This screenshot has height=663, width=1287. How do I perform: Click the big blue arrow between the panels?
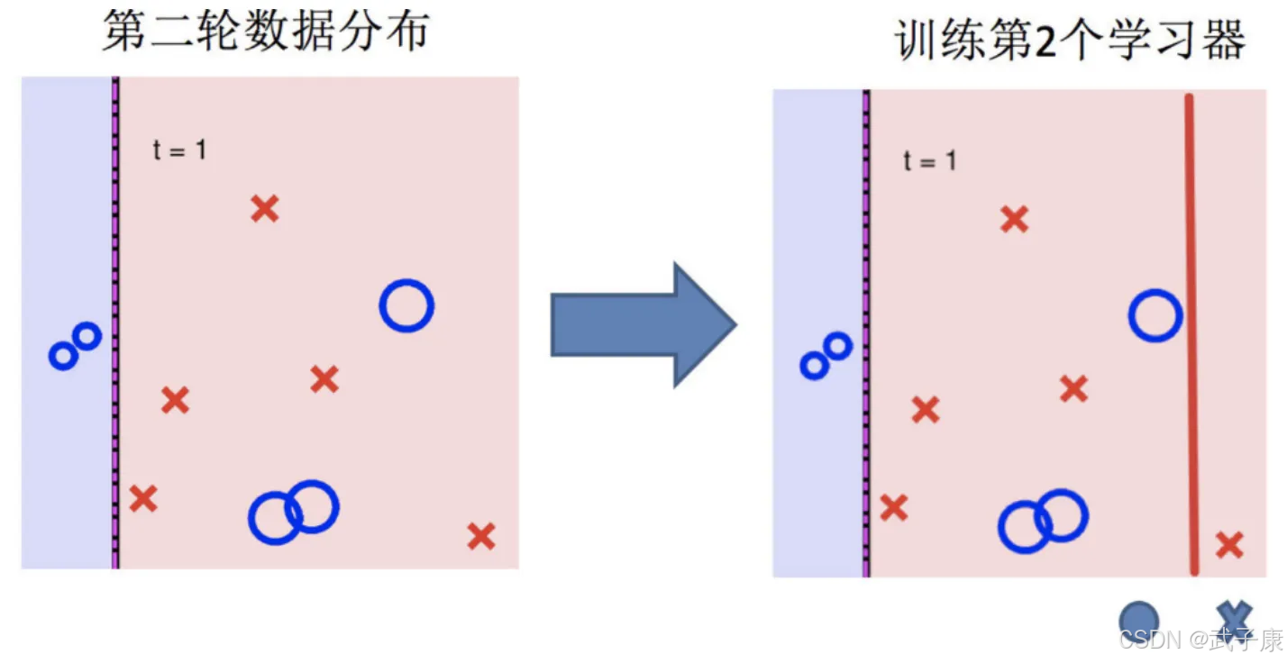(x=642, y=325)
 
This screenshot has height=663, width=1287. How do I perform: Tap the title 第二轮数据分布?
(x=265, y=32)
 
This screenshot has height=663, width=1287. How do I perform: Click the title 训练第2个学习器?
(x=1071, y=40)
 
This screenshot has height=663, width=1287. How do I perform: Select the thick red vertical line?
(x=1191, y=333)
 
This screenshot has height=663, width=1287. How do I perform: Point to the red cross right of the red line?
(x=1229, y=545)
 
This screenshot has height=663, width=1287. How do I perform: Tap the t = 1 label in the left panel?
(x=179, y=150)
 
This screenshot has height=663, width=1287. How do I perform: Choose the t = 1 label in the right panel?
(x=929, y=161)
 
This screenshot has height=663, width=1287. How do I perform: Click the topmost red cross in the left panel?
(x=264, y=209)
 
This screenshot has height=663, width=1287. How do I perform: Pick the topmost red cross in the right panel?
(x=1014, y=219)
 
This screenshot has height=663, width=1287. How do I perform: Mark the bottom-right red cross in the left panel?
(x=481, y=537)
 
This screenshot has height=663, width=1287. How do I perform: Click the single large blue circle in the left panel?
(x=406, y=306)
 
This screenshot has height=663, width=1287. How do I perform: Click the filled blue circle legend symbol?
(x=1138, y=621)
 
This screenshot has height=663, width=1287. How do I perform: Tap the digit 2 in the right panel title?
(x=1045, y=41)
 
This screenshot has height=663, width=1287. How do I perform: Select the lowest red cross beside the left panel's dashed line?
(x=143, y=498)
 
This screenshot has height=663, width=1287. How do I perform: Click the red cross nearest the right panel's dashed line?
(x=893, y=508)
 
